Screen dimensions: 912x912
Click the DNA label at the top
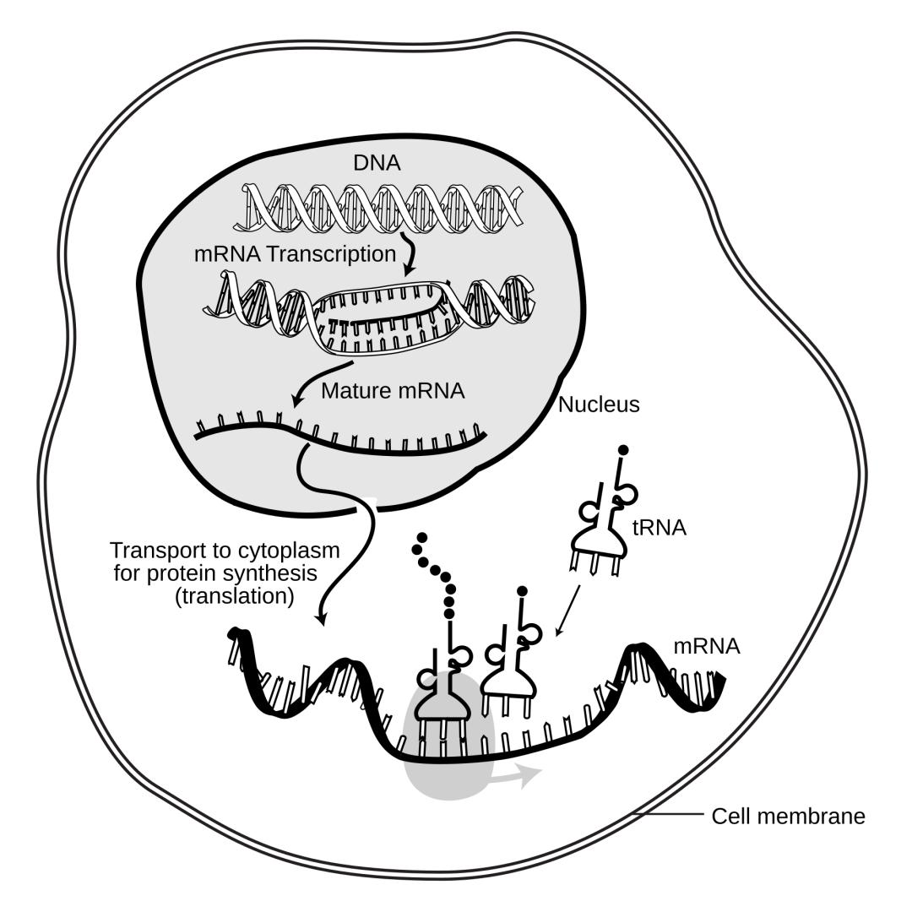(377, 163)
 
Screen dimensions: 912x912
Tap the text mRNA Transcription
(295, 254)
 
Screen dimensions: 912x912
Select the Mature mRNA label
(393, 391)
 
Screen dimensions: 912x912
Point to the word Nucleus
(599, 404)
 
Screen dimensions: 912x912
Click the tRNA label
(659, 528)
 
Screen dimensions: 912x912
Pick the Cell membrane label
(788, 816)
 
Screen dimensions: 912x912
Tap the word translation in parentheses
(235, 596)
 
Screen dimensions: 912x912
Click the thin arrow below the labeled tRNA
(567, 611)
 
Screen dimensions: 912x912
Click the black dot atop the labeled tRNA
(622, 449)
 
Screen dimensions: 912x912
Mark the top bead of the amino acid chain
(423, 536)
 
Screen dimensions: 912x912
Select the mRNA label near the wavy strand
(707, 646)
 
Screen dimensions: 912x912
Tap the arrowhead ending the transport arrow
(321, 618)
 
